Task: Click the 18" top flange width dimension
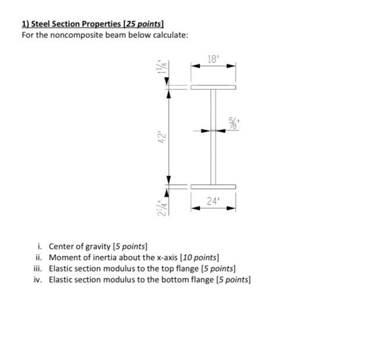(214, 59)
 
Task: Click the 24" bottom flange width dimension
(214, 202)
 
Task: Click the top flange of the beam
(213, 87)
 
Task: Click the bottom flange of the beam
(213, 186)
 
